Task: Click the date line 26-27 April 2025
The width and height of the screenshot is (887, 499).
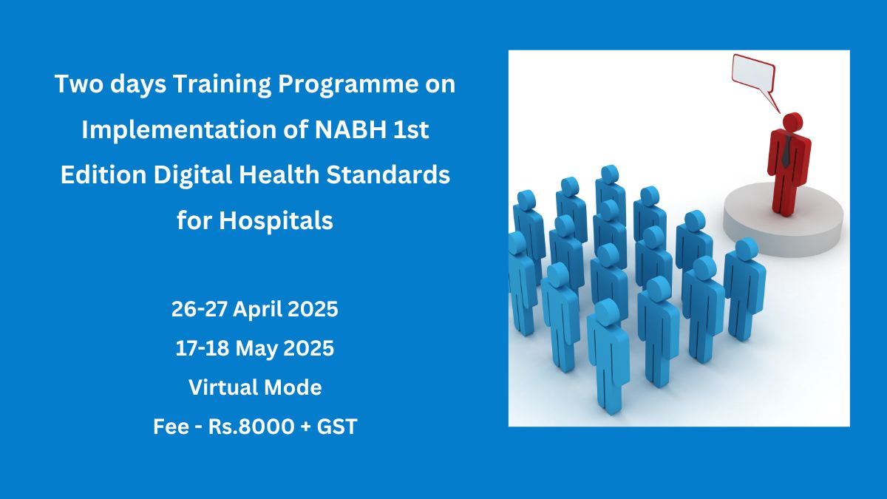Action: click(x=255, y=310)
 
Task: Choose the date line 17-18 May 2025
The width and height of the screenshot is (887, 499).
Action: click(x=255, y=348)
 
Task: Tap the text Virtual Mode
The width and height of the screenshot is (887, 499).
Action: click(x=255, y=387)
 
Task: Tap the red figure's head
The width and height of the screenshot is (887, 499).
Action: click(x=792, y=121)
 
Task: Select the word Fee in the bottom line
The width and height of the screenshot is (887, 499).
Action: click(x=169, y=427)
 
